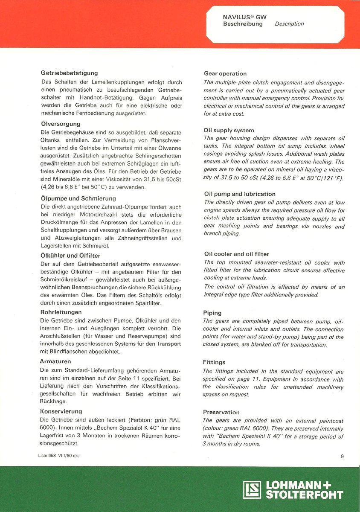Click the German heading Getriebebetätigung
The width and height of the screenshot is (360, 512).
[69, 73]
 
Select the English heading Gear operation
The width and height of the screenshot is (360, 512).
[225, 73]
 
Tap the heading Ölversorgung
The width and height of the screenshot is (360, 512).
[58, 124]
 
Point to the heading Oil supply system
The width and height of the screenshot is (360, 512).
[229, 130]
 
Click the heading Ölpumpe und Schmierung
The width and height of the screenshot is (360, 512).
[78, 198]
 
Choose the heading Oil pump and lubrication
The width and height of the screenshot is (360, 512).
[240, 194]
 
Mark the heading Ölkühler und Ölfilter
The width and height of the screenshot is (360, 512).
[70, 256]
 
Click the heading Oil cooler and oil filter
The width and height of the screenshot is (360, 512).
[237, 254]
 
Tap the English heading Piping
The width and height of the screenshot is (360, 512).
[212, 313]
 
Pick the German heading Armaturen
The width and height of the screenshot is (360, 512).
[55, 361]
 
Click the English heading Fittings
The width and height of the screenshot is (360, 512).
[214, 362]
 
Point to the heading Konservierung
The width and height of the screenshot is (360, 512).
[61, 411]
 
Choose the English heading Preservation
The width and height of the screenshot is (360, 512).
[221, 412]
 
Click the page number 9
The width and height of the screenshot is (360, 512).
[342, 457]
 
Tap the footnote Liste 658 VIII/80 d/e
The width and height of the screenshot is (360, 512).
[58, 456]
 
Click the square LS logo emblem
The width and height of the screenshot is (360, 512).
[252, 490]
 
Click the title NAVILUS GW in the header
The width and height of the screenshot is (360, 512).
[245, 17]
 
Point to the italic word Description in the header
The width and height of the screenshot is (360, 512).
[289, 24]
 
